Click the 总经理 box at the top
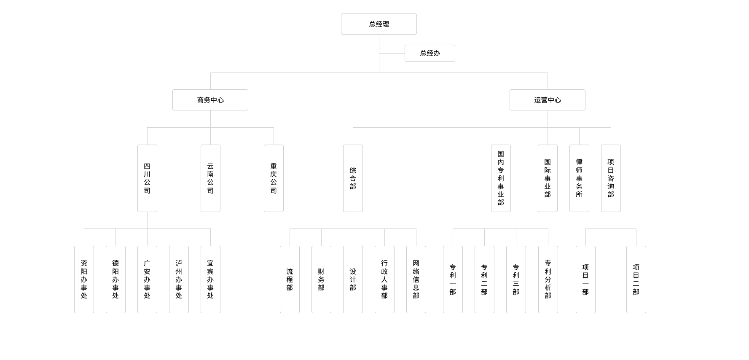(379, 24)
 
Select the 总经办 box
(430, 53)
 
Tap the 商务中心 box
(210, 100)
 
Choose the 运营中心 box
(548, 100)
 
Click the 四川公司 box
(147, 178)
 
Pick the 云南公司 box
(210, 178)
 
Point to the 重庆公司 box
(274, 178)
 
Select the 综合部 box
(353, 178)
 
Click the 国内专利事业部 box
(501, 178)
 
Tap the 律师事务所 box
(579, 178)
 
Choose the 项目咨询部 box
(611, 178)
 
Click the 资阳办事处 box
(84, 279)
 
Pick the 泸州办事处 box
(179, 279)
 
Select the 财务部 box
(321, 279)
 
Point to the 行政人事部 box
(384, 279)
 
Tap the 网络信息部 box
(416, 279)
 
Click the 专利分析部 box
(548, 279)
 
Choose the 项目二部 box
(636, 279)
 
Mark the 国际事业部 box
(548, 178)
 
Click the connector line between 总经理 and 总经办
(392, 53)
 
